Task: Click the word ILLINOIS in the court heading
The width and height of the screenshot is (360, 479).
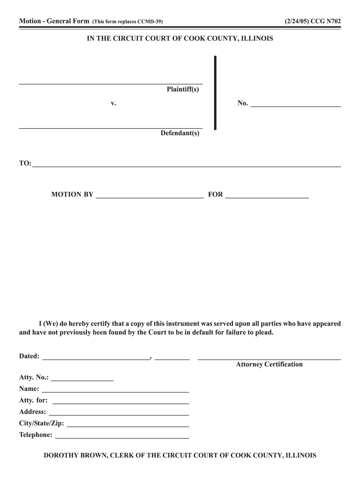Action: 257,39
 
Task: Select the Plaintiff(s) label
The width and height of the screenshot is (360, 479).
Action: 183,89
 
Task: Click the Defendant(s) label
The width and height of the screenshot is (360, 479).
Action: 180,133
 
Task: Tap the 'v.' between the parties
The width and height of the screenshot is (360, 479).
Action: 114,103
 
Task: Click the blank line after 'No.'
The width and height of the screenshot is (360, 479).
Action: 295,106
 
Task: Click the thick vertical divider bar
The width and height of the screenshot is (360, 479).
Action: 215,93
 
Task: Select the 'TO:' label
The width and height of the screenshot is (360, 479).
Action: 25,163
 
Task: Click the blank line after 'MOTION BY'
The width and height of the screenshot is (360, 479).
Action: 150,198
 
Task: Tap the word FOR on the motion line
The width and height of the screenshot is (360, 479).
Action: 216,195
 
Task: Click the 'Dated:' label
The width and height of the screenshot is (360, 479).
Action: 29,356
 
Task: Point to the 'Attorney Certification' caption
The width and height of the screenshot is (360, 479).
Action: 269,364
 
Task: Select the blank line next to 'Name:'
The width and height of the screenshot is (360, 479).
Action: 115,391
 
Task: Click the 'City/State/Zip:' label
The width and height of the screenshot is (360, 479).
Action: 42,424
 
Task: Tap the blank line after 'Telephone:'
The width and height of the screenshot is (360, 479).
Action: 122,438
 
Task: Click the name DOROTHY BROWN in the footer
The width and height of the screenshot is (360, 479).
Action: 74,455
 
